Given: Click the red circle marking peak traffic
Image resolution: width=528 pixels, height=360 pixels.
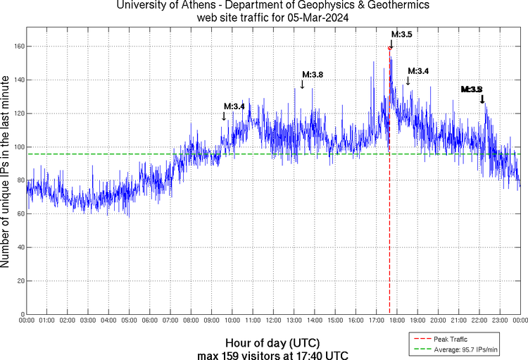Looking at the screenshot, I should point(390,48).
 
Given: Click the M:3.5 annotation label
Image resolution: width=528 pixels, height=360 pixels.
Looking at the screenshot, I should point(402,34).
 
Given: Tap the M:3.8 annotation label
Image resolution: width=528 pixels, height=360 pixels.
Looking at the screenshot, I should point(313,74).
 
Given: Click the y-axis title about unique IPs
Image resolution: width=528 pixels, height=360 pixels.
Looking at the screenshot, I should point(6,173).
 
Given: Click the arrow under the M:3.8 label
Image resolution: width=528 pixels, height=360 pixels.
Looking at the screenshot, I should point(302,84).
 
